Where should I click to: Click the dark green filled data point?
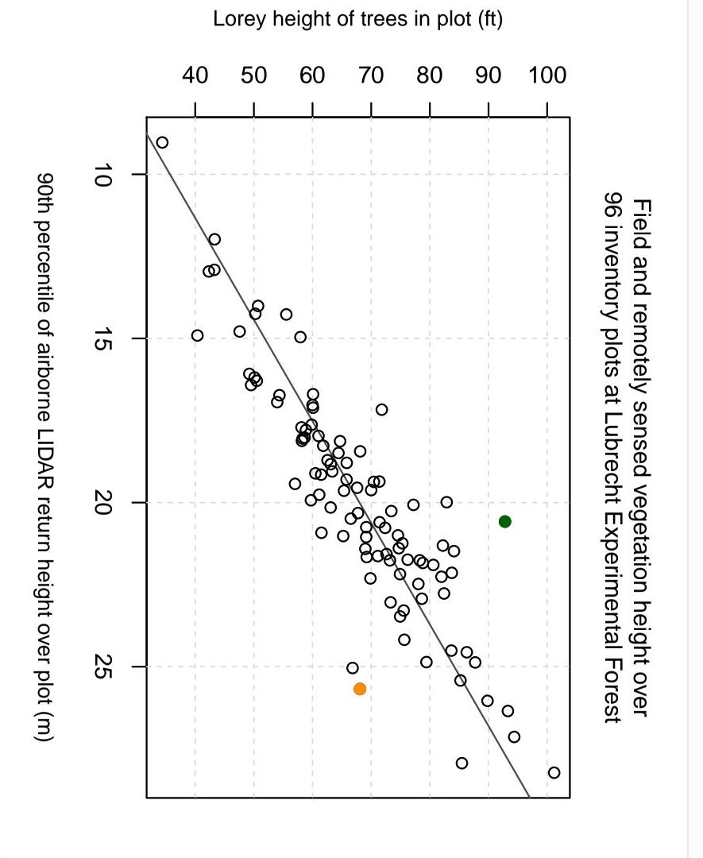tap(504, 521)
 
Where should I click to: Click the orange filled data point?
tap(360, 689)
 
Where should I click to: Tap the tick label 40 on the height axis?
tap(195, 76)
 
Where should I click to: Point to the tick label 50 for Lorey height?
tap(254, 76)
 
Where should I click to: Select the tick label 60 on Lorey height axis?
tap(313, 76)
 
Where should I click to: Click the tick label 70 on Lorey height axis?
tap(371, 76)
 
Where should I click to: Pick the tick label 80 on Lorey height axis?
tap(430, 76)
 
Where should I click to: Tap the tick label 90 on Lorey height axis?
tap(489, 76)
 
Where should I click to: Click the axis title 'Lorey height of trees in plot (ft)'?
tap(357, 20)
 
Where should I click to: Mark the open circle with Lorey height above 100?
tap(554, 772)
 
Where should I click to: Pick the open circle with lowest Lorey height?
tap(162, 142)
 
